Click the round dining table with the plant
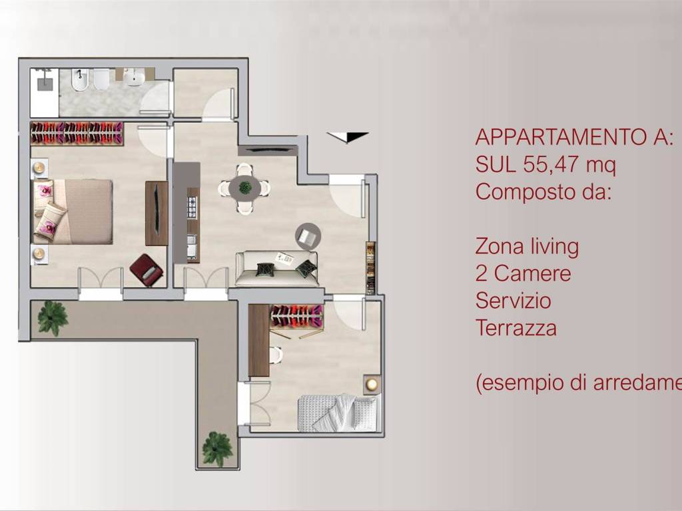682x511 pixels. tap(245, 188)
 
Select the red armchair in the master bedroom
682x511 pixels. tap(147, 270)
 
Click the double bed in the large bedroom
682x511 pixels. tap(73, 211)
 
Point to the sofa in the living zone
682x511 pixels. tap(276, 268)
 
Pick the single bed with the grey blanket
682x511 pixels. tap(338, 413)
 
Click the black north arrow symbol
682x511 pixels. tap(348, 137)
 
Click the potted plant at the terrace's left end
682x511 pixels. tap(52, 317)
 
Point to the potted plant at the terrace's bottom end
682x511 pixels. tap(217, 449)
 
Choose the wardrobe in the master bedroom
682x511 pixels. tap(77, 132)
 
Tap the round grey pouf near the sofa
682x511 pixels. tap(308, 236)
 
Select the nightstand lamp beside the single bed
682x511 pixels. tap(372, 384)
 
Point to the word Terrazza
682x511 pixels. tap(515, 328)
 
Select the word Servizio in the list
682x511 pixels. tap(513, 301)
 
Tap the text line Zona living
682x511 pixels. tap(527, 247)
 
